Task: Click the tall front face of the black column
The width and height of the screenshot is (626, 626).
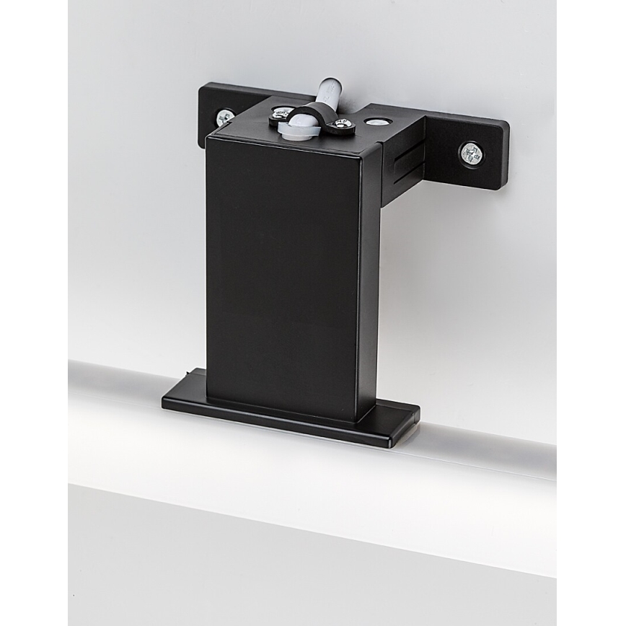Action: tap(281, 274)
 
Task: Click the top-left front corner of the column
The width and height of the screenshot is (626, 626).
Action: tap(207, 135)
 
